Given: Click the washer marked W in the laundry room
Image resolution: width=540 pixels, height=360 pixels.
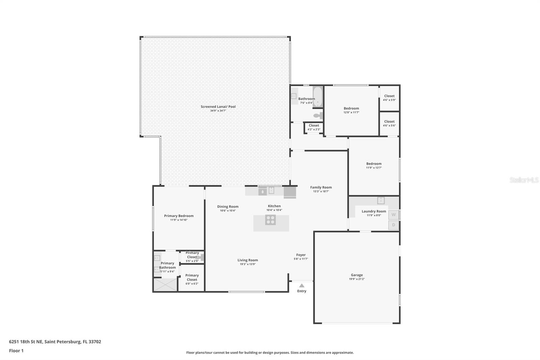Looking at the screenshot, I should (x=394, y=215).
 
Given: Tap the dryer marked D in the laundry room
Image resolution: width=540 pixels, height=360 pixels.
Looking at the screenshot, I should (x=394, y=225).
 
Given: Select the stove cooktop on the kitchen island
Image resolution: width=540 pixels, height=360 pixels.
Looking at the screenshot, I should (x=270, y=220).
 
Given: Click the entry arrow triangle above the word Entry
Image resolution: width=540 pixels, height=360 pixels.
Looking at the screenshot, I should (x=302, y=286).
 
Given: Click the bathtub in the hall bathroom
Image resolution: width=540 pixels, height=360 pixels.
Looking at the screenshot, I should (x=318, y=97).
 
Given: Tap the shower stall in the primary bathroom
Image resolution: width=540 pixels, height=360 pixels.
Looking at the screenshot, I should (x=165, y=284).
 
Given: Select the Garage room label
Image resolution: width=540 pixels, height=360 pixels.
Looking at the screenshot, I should (x=357, y=275).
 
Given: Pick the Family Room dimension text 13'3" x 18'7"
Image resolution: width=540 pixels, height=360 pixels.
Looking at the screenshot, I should (x=321, y=191).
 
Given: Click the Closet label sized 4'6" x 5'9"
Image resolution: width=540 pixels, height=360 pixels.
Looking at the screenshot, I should (x=389, y=96).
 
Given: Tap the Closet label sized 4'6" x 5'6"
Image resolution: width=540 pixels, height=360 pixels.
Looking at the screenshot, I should (x=389, y=122).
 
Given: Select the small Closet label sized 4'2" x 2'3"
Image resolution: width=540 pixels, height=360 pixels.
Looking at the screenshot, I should (x=314, y=125).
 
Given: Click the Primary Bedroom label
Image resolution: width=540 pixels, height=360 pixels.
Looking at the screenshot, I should (x=179, y=216).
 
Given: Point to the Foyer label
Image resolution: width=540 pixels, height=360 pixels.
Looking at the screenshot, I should (x=301, y=255).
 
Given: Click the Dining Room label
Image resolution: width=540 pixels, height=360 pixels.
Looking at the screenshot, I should (x=228, y=207).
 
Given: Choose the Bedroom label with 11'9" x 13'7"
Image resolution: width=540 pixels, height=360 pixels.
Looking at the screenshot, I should (x=374, y=163).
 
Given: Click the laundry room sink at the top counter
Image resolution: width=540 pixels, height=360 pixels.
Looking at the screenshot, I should (x=381, y=200).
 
